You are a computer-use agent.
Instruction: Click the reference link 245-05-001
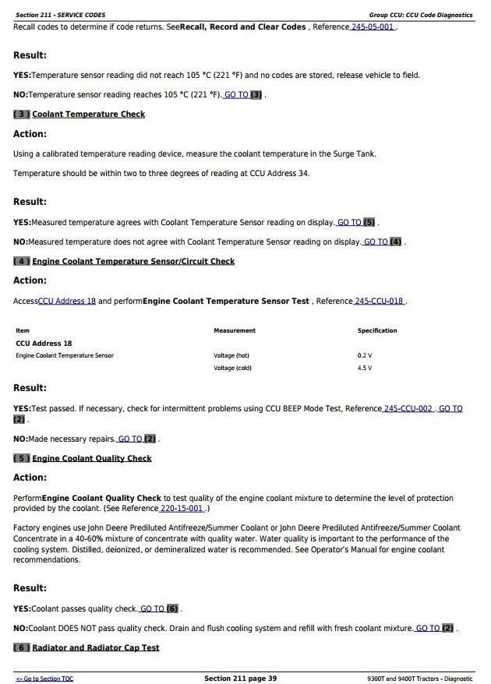pyautogui.click(x=373, y=27)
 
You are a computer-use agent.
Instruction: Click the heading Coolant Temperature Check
pyautogui.click(x=88, y=115)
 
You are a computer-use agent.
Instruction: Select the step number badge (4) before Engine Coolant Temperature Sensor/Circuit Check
pyautogui.click(x=21, y=262)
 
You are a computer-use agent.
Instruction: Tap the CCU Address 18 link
pyautogui.click(x=66, y=301)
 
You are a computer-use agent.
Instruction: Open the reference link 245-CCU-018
pyautogui.click(x=379, y=301)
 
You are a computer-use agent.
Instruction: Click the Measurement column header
pyautogui.click(x=234, y=330)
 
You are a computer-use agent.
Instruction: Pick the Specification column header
pyautogui.click(x=377, y=330)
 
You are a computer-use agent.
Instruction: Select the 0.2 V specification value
pyautogui.click(x=364, y=356)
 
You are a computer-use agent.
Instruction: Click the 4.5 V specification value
pyautogui.click(x=364, y=368)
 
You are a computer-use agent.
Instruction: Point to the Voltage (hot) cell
pyautogui.click(x=231, y=356)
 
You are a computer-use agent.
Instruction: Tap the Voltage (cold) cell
pyautogui.click(x=232, y=368)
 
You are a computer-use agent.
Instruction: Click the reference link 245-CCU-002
pyautogui.click(x=408, y=408)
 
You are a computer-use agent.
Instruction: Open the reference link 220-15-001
pyautogui.click(x=181, y=509)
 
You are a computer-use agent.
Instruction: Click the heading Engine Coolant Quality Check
pyautogui.click(x=91, y=459)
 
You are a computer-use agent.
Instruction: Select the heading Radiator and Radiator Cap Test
pyautogui.click(x=95, y=647)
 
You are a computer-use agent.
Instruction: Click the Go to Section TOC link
pyautogui.click(x=44, y=679)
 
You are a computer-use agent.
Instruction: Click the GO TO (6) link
pyautogui.click(x=160, y=608)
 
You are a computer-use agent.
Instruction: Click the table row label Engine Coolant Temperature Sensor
pyautogui.click(x=65, y=356)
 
